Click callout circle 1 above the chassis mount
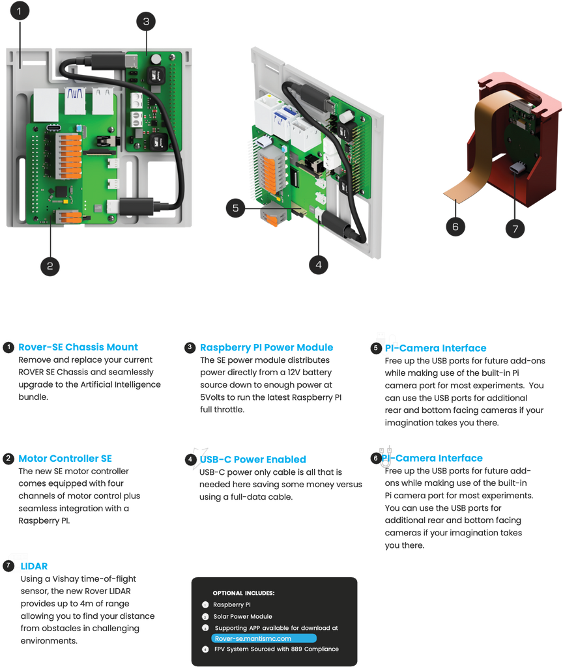pos(20,12)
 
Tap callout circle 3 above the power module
pos(146,21)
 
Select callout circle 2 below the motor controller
pos(50,264)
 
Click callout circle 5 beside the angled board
pos(235,208)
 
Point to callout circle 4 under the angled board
pos(319,264)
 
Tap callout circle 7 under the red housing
pos(515,229)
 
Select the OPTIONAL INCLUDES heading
pos(243,593)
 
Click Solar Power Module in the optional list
pos(242,616)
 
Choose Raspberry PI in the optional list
pos(231,605)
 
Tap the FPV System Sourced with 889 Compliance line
pos(276,649)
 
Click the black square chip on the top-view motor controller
pos(61,192)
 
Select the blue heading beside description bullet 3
pos(266,347)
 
